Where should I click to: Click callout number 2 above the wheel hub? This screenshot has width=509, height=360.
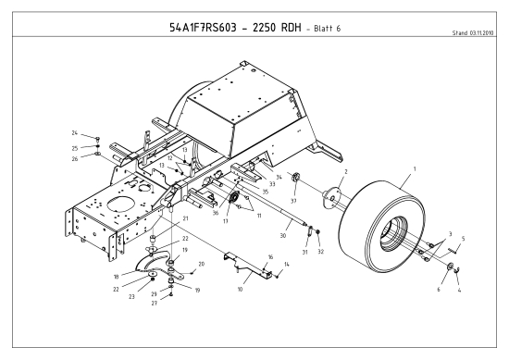344,172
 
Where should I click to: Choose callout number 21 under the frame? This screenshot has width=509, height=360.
185,218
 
